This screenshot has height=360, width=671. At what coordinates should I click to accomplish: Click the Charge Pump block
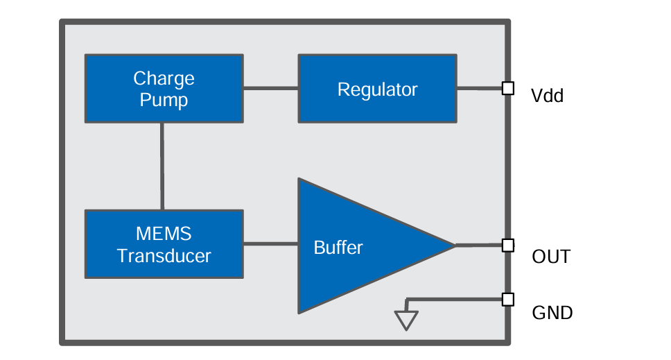(164, 89)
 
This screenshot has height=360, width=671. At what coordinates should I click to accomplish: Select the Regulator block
(377, 89)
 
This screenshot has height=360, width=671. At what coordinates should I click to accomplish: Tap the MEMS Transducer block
(164, 244)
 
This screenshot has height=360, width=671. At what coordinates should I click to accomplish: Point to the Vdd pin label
(547, 96)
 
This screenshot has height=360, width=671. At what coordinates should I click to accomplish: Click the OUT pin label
(550, 257)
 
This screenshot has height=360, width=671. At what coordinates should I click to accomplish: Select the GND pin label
(552, 313)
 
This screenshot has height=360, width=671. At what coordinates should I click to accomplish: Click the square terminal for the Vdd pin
(507, 88)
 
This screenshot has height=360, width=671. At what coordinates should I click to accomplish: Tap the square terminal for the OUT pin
(507, 245)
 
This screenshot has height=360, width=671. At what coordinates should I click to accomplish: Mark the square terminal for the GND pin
(507, 300)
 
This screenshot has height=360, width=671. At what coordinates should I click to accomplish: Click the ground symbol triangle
(406, 320)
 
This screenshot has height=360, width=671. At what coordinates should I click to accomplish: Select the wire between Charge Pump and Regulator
(270, 88)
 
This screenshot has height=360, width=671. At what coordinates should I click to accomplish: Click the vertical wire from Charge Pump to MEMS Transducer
(162, 166)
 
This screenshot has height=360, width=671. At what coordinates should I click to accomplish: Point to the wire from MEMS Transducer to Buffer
(270, 243)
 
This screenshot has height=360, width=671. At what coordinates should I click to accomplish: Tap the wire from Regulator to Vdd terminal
(479, 88)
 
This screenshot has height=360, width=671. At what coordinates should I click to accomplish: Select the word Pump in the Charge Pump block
(164, 100)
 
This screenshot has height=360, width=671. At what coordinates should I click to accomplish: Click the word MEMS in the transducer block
(164, 233)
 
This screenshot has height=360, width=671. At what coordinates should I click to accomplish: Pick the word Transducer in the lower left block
(164, 256)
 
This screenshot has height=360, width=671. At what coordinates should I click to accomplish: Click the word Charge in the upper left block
(164, 78)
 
